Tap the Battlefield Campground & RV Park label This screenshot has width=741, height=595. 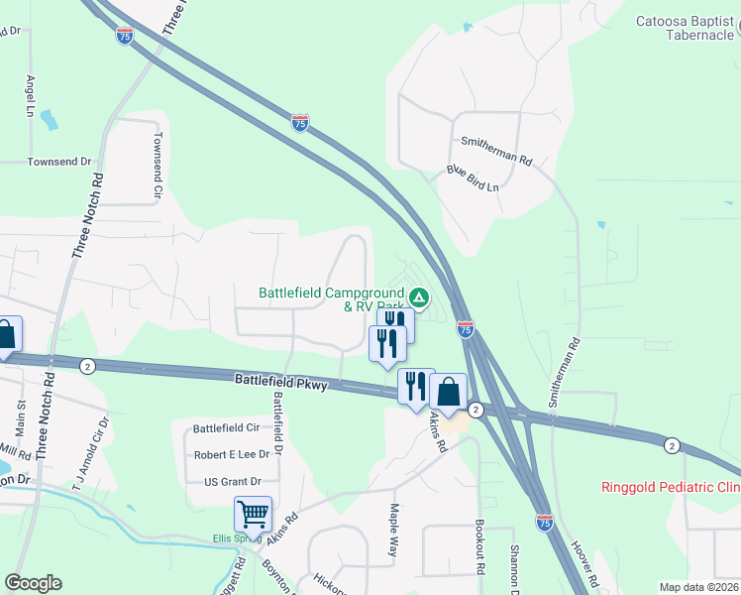(332, 299)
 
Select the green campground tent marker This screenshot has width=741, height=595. (419, 297)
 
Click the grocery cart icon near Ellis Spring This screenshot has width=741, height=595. (253, 515)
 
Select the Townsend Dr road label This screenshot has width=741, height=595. (58, 161)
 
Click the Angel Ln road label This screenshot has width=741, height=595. (32, 96)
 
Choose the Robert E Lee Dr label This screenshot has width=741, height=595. (232, 454)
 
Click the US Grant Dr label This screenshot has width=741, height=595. (232, 481)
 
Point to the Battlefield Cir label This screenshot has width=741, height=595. (226, 428)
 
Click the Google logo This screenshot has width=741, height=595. (33, 583)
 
